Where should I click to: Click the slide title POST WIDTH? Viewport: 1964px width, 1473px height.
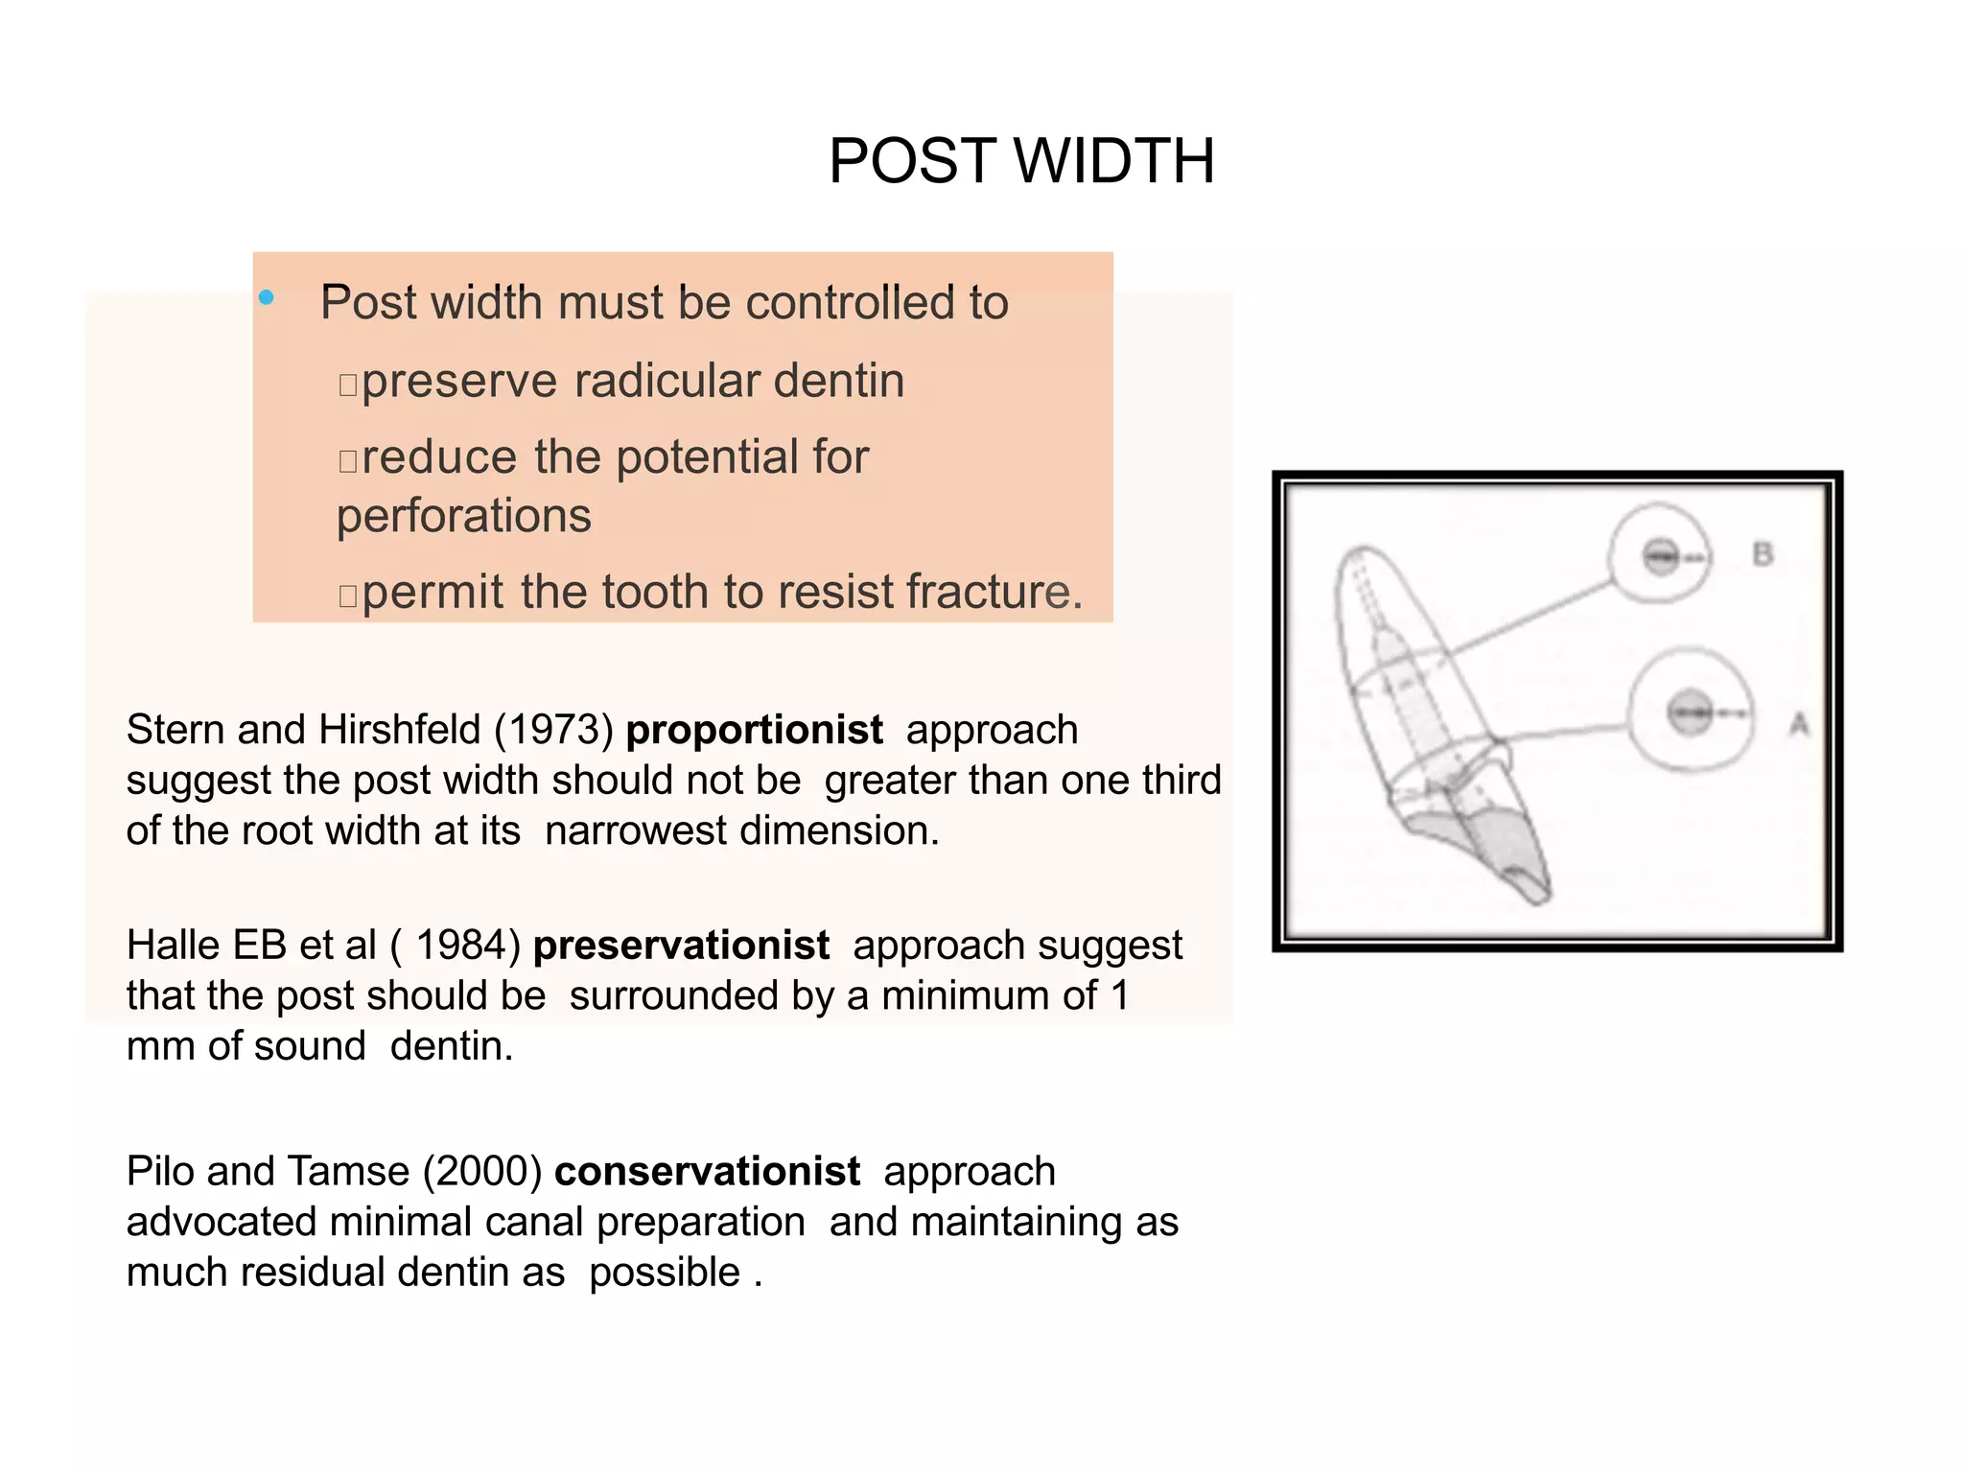(1021, 160)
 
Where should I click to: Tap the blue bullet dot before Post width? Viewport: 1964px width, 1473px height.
(267, 298)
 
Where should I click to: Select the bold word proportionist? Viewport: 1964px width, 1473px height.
(754, 730)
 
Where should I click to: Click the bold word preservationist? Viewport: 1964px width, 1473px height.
(681, 946)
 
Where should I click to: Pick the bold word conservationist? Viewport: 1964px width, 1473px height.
(707, 1172)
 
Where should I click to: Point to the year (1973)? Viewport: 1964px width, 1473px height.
(553, 730)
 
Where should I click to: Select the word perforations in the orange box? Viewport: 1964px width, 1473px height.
(464, 516)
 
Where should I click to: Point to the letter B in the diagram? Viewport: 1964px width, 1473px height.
(1763, 554)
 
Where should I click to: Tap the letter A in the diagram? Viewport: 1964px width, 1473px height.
(1799, 723)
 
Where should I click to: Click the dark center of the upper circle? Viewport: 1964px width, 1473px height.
(1661, 555)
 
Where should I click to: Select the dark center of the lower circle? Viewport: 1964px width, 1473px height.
(1690, 713)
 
